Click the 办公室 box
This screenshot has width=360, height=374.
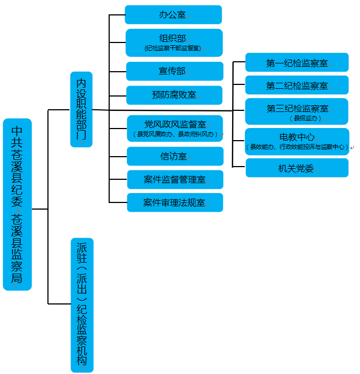173,14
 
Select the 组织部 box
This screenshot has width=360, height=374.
173,39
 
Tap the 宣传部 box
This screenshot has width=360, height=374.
174,71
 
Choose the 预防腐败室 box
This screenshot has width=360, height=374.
174,95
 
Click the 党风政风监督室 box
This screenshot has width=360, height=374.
175,125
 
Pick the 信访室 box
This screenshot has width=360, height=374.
175,156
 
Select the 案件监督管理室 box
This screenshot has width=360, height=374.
175,179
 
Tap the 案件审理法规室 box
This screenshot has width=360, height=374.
175,202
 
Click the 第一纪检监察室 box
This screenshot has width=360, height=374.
297,62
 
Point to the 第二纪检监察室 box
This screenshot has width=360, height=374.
297,86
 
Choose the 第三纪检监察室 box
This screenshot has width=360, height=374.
297,109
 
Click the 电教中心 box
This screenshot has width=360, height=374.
297,137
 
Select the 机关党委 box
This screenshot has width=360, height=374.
297,168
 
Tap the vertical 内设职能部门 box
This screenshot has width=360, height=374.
82,109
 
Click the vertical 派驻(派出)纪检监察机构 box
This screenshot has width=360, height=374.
82,305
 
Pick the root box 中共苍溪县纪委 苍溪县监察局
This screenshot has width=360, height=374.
18,204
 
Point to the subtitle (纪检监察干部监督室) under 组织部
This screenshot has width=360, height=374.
173,49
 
